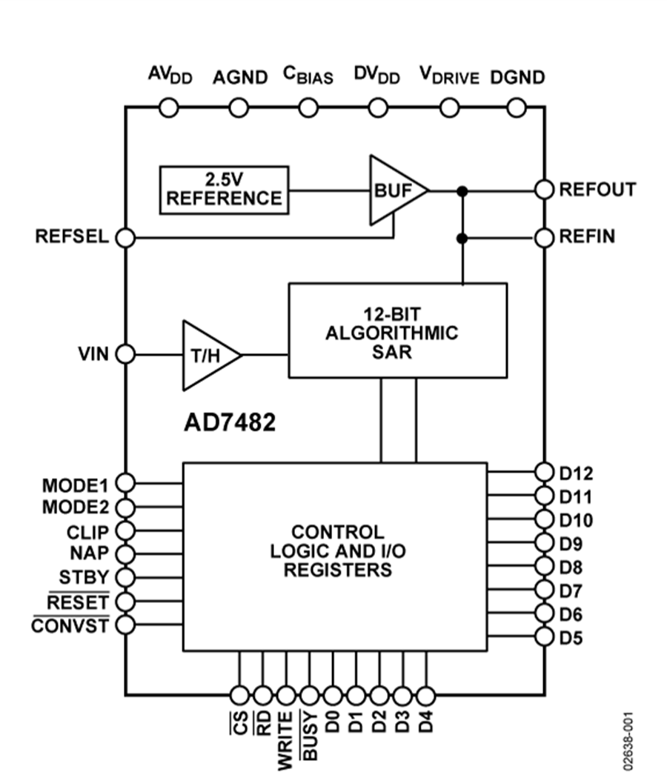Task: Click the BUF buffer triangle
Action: pos(394,190)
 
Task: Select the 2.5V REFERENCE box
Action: pos(224,190)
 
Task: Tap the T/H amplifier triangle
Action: pos(208,355)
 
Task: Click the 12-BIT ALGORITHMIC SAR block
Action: pos(397,330)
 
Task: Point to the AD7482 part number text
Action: pos(230,422)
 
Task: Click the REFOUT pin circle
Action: pos(545,190)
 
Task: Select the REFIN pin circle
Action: pos(545,238)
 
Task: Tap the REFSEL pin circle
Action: pos(125,238)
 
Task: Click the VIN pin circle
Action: pos(125,354)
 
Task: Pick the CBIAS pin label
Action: pos(308,76)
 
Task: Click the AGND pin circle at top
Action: pos(239,108)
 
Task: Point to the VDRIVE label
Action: pos(450,76)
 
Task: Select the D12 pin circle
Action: pos(545,471)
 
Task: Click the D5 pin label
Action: pos(571,636)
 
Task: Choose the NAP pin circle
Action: pos(125,553)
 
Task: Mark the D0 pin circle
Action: pos(333,695)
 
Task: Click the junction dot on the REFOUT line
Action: pos(462,190)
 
